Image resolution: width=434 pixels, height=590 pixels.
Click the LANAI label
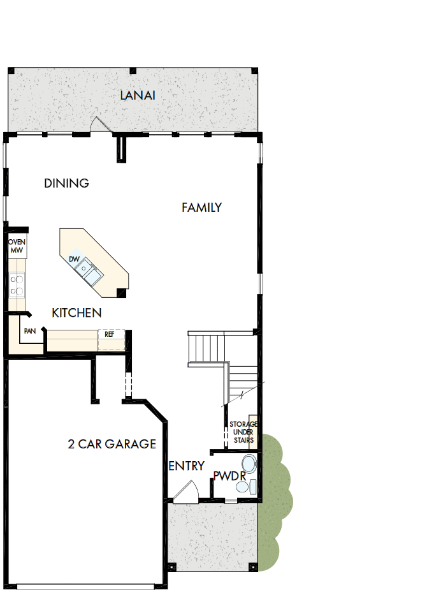click(138, 96)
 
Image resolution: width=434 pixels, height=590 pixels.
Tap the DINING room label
click(66, 184)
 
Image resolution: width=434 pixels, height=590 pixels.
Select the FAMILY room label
click(201, 207)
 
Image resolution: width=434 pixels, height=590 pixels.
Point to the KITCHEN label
click(76, 313)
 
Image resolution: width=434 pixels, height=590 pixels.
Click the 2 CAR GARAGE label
click(112, 444)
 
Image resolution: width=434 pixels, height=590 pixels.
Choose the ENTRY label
click(187, 466)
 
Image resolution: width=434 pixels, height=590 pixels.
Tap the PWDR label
click(229, 476)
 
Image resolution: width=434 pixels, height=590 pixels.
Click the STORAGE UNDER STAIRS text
click(243, 432)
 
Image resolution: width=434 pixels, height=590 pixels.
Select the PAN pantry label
click(29, 332)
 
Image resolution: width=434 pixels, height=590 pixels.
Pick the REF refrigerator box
click(110, 334)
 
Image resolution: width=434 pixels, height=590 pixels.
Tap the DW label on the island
click(74, 259)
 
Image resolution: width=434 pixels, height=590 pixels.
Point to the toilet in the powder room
click(248, 463)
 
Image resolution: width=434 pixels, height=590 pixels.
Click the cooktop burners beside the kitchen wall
click(17, 285)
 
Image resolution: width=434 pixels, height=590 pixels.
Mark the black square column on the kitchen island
click(120, 292)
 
